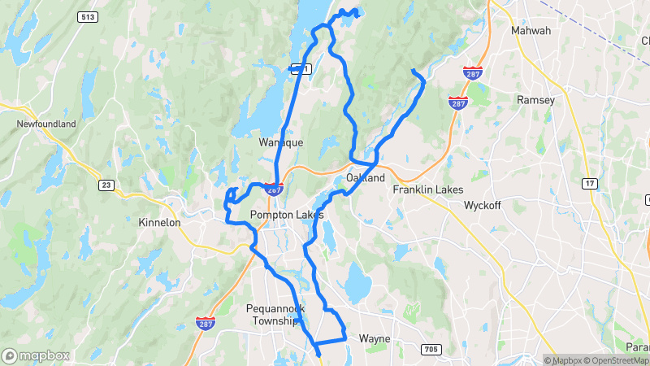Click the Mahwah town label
(531, 31)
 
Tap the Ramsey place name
(535, 100)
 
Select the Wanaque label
(280, 142)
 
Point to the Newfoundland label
(46, 124)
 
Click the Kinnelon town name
(159, 222)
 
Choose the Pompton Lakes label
(287, 215)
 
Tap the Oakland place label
(365, 177)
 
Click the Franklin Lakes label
(427, 190)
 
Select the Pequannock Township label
(273, 315)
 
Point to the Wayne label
(375, 338)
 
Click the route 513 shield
(88, 16)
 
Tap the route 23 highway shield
(106, 185)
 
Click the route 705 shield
(431, 350)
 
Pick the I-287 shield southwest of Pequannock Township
(205, 324)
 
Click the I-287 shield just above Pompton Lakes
(274, 189)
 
